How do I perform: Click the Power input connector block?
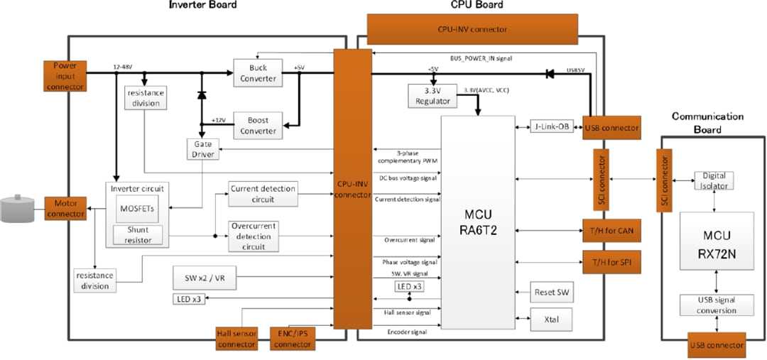pos(65,76)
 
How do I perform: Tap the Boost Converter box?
pos(258,125)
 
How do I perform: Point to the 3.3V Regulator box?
pos(432,96)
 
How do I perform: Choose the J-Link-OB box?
pos(551,127)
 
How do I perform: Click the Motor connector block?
pos(65,208)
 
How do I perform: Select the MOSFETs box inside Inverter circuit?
pos(137,208)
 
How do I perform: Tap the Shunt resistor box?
pos(137,235)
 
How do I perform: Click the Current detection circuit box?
pos(263,194)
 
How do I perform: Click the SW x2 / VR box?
pos(204,278)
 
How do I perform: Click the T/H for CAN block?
pos(611,231)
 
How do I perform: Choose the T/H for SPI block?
pos(611,262)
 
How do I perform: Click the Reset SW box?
pos(551,292)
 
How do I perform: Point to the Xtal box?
pos(551,320)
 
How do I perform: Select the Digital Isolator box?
pos(713,180)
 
